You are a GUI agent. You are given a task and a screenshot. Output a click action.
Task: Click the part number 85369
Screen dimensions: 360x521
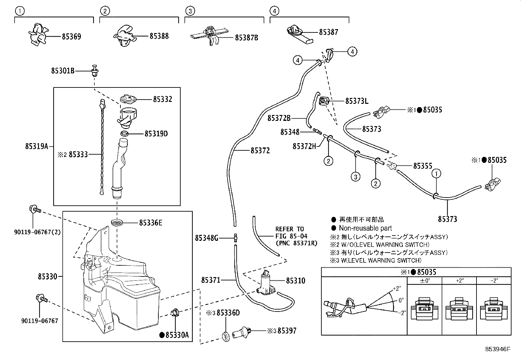[x=71, y=36]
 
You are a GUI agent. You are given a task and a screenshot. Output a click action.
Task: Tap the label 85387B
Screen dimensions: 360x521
[x=246, y=38]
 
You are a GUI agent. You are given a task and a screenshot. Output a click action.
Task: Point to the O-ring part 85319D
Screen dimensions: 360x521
[x=124, y=133]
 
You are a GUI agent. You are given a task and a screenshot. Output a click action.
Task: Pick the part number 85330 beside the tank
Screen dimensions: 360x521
[x=47, y=276]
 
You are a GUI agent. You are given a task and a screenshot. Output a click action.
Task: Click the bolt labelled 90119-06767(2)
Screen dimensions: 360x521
[x=34, y=209]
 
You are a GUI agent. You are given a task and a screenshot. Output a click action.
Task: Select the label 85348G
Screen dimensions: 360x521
[x=207, y=238]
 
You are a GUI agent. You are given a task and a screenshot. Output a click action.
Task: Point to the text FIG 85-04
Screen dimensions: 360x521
[x=291, y=236]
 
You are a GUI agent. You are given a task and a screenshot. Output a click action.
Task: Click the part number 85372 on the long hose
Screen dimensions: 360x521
[x=260, y=150]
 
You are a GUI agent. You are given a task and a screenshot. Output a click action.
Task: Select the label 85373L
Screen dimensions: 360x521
[x=356, y=101]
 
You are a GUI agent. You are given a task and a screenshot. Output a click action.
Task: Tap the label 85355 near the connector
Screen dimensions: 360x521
[x=422, y=166]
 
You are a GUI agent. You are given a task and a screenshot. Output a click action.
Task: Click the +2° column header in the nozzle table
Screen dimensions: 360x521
[x=459, y=281]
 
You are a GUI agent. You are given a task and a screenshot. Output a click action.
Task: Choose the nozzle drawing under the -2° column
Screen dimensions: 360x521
[x=494, y=309]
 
